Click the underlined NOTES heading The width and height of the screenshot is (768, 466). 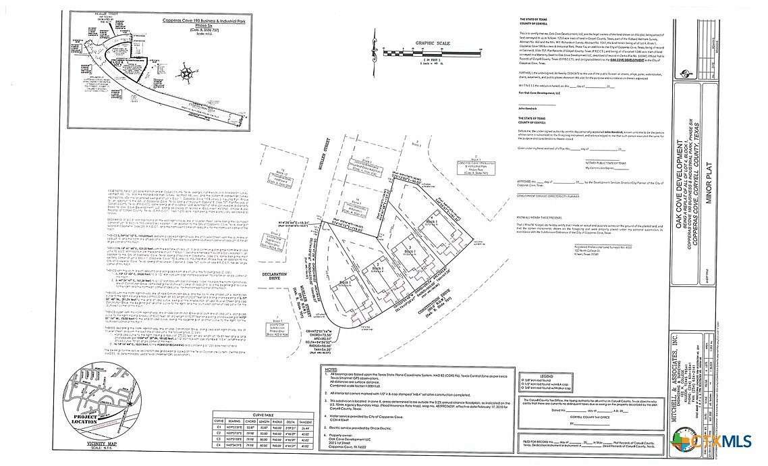point(330,371)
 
